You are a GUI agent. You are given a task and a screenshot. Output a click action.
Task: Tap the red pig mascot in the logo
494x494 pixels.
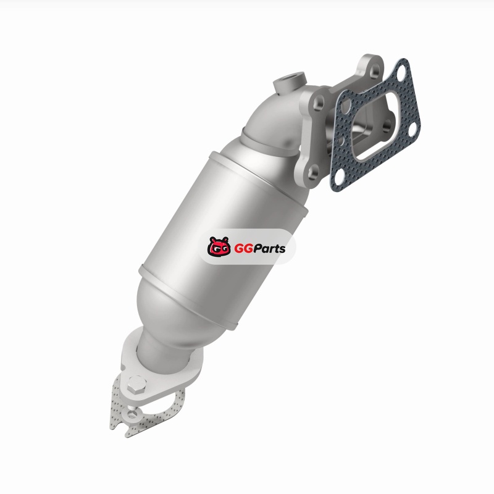[x=219, y=246]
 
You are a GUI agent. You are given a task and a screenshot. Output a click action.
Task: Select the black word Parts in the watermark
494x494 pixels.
[x=269, y=249]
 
